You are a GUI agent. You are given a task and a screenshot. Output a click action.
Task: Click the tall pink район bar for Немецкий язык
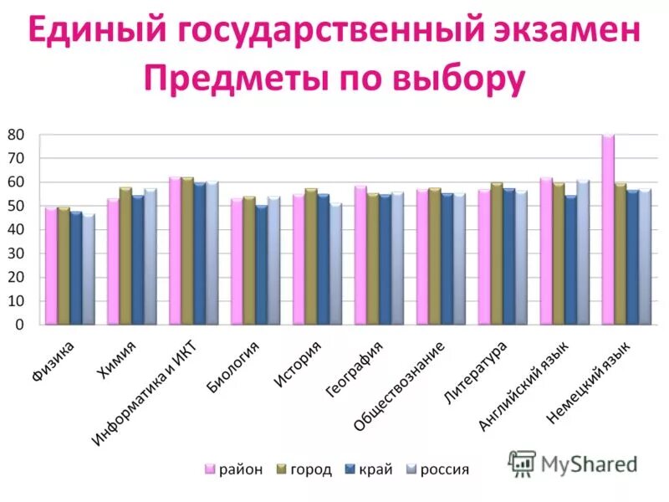point(608,229)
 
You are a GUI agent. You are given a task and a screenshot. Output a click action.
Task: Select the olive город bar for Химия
point(125,256)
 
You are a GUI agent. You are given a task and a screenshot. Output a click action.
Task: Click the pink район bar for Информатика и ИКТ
point(175,250)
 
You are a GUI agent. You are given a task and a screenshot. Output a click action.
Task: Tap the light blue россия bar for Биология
point(273,260)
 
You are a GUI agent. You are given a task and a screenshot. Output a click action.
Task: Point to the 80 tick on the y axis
point(17,135)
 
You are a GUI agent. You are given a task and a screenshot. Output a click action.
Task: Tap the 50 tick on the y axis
point(17,206)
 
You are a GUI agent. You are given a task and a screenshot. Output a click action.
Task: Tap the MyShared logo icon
point(522,463)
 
